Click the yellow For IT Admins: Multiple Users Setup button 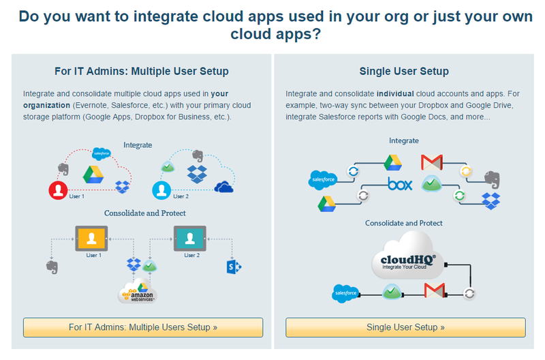pyautogui.click(x=143, y=327)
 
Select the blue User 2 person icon pyautogui.click(x=161, y=189)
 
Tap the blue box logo pyautogui.click(x=400, y=184)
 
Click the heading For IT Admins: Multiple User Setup pyautogui.click(x=142, y=71)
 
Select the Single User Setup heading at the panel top pyautogui.click(x=404, y=71)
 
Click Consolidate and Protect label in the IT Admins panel pyautogui.click(x=145, y=213)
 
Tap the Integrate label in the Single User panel pyautogui.click(x=404, y=140)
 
